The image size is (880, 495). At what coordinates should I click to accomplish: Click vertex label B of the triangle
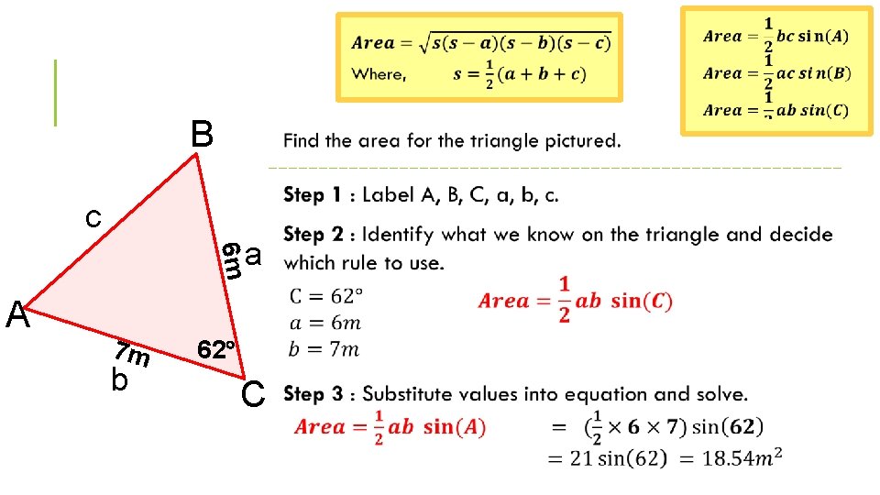click(x=202, y=135)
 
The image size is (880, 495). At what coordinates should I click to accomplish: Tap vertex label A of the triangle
click(x=17, y=315)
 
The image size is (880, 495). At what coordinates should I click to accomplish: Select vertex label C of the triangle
click(x=253, y=394)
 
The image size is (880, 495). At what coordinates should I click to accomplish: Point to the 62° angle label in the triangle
click(x=217, y=349)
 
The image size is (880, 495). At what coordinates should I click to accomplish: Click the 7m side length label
click(x=131, y=352)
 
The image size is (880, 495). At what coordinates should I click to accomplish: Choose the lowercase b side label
click(x=119, y=379)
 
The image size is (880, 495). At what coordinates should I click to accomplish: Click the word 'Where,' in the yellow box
click(x=379, y=74)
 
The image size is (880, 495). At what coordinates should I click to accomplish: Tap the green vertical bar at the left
click(x=56, y=92)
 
